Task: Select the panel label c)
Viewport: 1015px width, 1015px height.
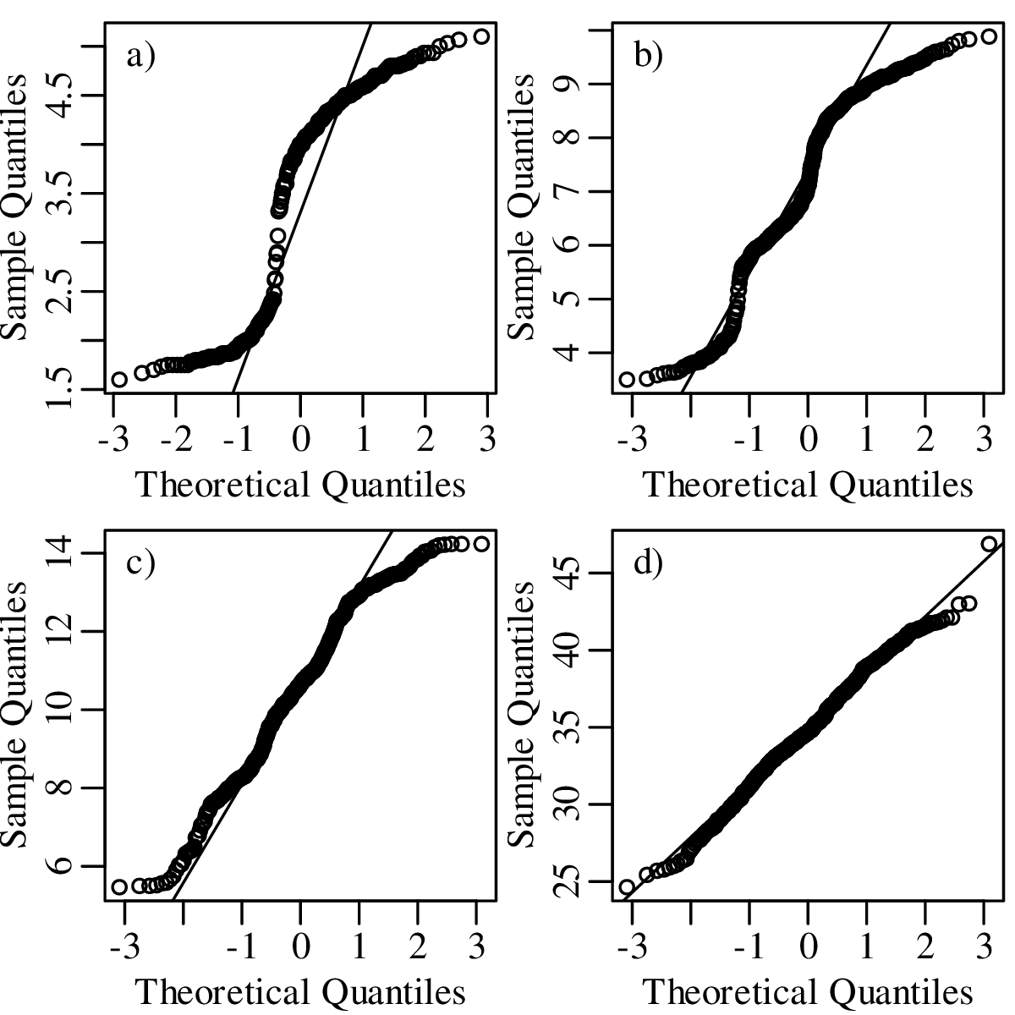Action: (x=141, y=562)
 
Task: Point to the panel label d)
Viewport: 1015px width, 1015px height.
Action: (x=649, y=562)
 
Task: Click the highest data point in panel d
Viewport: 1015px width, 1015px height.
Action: (x=989, y=544)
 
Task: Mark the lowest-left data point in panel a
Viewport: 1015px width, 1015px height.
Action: (x=119, y=379)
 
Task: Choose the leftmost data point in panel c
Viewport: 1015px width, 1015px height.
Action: (x=119, y=886)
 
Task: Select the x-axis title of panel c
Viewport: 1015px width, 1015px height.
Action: (x=300, y=991)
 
